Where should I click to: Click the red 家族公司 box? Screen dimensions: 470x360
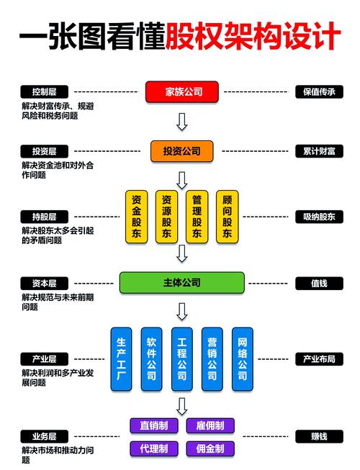(182, 91)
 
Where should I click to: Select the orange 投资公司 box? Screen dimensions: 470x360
(182, 151)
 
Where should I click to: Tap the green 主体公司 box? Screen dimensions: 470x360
(182, 283)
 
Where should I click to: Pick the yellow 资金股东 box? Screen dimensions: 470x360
(136, 216)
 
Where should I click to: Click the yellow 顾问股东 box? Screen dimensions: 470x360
(228, 216)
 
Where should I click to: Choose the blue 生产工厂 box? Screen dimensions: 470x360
(121, 359)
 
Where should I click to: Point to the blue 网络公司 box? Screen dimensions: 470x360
(243, 359)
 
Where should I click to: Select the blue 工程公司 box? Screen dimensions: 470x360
(182, 359)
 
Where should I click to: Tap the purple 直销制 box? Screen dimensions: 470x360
(154, 425)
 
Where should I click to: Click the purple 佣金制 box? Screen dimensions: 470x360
(210, 448)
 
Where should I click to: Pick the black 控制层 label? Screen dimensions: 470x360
(44, 91)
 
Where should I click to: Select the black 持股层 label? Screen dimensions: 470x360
(44, 216)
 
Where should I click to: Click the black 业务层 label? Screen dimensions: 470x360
(44, 436)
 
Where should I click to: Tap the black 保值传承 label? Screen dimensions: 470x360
(319, 91)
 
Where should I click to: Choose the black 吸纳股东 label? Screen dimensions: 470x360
(319, 216)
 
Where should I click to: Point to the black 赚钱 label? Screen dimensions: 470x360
(319, 436)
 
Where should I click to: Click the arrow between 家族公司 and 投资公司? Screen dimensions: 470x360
(182, 120)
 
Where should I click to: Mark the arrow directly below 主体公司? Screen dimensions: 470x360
(182, 310)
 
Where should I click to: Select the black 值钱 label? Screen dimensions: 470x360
(319, 283)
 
